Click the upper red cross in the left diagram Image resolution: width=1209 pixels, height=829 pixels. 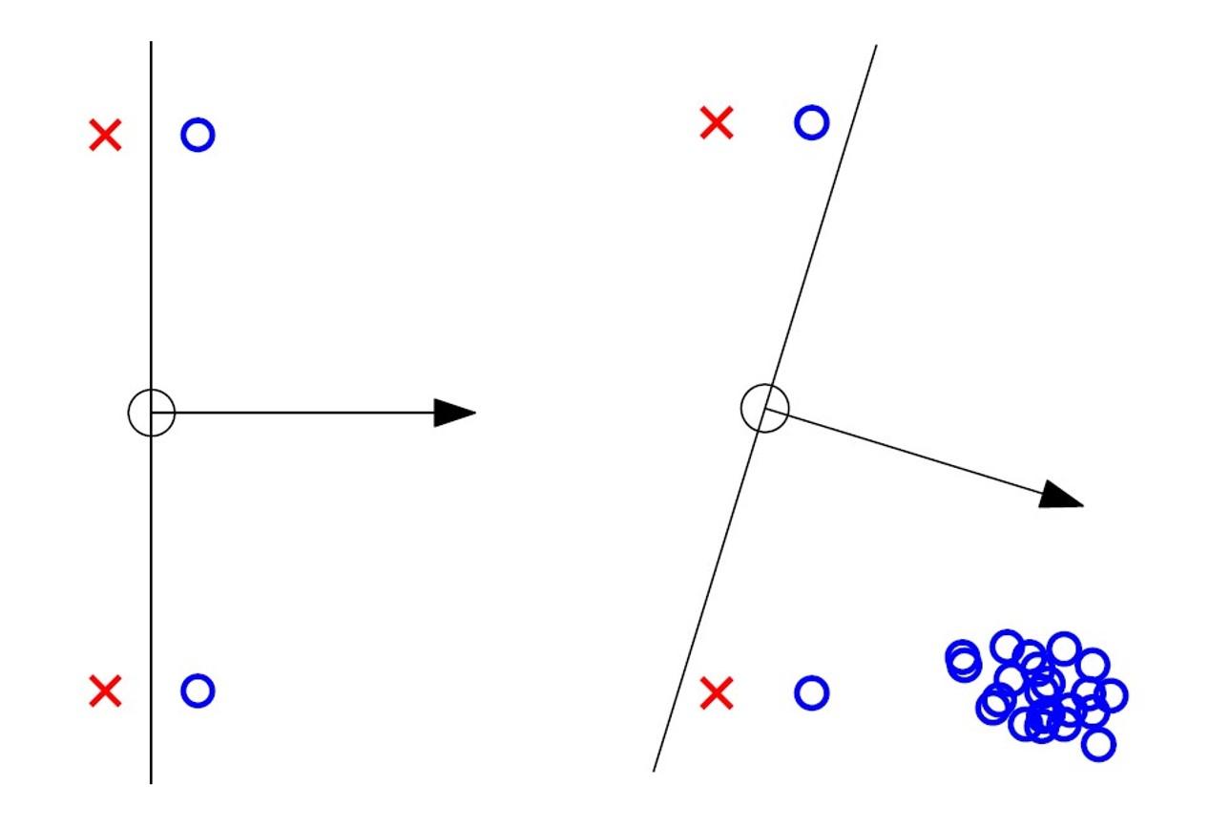(105, 136)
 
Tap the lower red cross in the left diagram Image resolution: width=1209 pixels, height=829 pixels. (105, 690)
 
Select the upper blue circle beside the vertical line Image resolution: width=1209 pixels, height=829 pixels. (198, 136)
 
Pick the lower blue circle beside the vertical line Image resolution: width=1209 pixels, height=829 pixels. (198, 690)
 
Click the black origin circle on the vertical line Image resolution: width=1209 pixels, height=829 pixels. (151, 413)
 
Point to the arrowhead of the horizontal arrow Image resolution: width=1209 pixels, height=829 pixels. (456, 413)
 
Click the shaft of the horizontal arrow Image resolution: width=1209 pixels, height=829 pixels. (305, 413)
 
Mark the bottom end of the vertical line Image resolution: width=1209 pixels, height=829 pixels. (151, 781)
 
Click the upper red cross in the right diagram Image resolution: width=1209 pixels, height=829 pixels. (717, 122)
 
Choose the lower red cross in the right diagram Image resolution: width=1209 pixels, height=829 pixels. (717, 693)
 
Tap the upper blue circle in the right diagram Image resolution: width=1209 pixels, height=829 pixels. (811, 122)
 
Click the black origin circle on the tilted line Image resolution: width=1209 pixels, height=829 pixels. (764, 408)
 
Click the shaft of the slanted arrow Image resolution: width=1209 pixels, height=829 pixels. (907, 451)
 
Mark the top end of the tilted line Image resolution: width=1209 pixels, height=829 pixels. (875, 47)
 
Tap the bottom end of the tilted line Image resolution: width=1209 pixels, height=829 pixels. (654, 770)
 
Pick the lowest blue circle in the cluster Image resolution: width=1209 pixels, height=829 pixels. (1098, 744)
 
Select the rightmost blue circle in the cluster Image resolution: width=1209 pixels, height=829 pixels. (1112, 695)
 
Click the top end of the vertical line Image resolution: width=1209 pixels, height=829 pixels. (151, 43)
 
